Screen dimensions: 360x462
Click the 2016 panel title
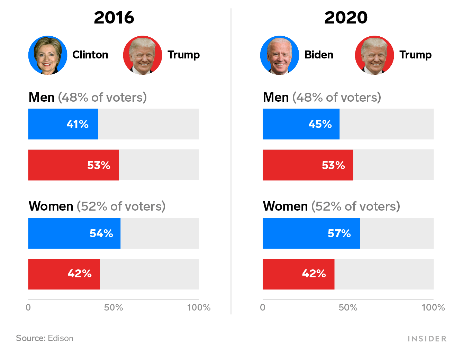114,18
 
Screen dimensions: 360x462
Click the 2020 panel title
346,18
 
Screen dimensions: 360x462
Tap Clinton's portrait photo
48,55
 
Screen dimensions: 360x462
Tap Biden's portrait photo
280,55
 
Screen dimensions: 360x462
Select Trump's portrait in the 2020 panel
374,55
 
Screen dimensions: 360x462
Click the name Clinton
90,55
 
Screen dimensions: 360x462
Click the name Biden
319,55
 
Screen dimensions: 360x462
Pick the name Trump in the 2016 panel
183,55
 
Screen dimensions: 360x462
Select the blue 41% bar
63,124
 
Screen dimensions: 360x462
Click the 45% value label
320,124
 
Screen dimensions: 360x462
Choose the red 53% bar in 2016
73,165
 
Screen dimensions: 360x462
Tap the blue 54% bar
74,233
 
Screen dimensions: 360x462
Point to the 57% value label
339,233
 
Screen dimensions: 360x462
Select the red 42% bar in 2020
298,274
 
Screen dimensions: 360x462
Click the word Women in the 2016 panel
51,206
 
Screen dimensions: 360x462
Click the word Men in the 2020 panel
276,98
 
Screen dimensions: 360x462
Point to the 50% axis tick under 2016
114,307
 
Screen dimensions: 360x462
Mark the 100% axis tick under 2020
433,307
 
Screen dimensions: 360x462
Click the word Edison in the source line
61,338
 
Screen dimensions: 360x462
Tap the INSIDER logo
427,339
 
